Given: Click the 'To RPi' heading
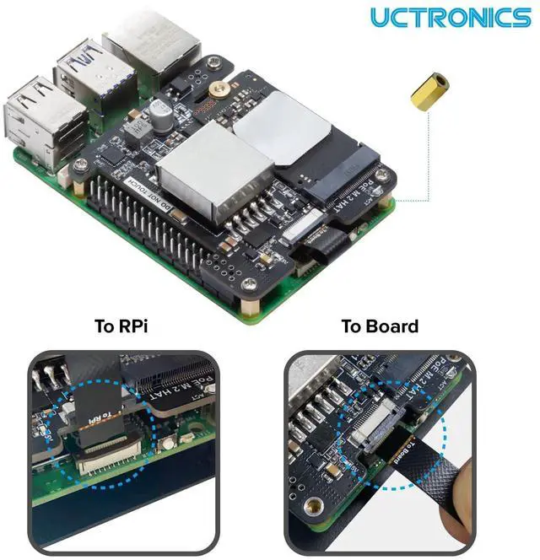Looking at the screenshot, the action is click(x=121, y=326).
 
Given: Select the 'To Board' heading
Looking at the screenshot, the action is click(x=380, y=326).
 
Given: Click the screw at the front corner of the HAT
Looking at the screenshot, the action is click(x=250, y=285).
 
